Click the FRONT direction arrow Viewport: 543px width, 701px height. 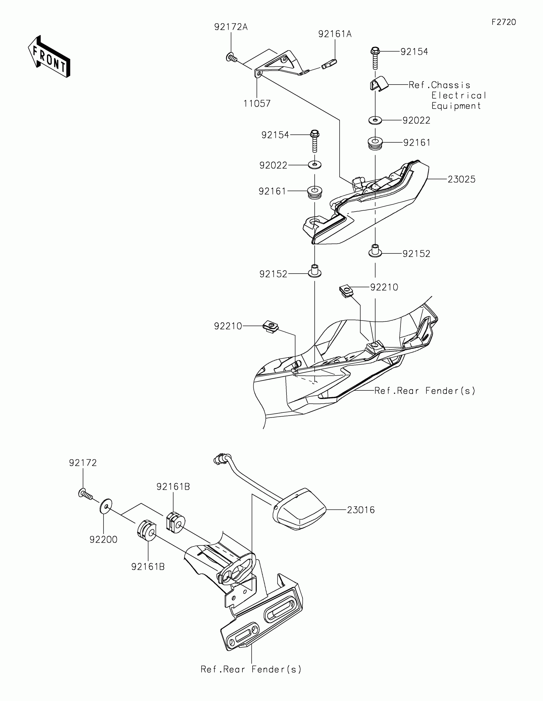click(x=50, y=57)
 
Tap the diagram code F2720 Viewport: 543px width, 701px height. click(x=503, y=22)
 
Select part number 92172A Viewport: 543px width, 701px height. click(x=231, y=27)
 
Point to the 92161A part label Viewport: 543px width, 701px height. click(x=335, y=34)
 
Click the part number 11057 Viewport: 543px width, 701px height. click(x=257, y=103)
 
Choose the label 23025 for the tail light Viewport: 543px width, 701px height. click(x=462, y=179)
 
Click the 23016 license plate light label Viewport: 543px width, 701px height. click(x=361, y=510)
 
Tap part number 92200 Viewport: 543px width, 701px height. click(x=103, y=539)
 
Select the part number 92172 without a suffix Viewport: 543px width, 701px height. click(x=83, y=463)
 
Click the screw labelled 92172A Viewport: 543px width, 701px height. click(x=232, y=58)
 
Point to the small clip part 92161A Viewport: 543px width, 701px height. click(x=329, y=65)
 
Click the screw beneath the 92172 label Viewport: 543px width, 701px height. click(x=85, y=494)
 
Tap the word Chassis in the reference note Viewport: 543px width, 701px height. click(x=450, y=85)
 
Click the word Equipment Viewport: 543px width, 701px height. click(x=456, y=106)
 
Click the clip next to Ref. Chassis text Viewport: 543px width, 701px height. click(x=378, y=84)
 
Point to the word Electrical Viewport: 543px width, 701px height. click(x=459, y=96)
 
